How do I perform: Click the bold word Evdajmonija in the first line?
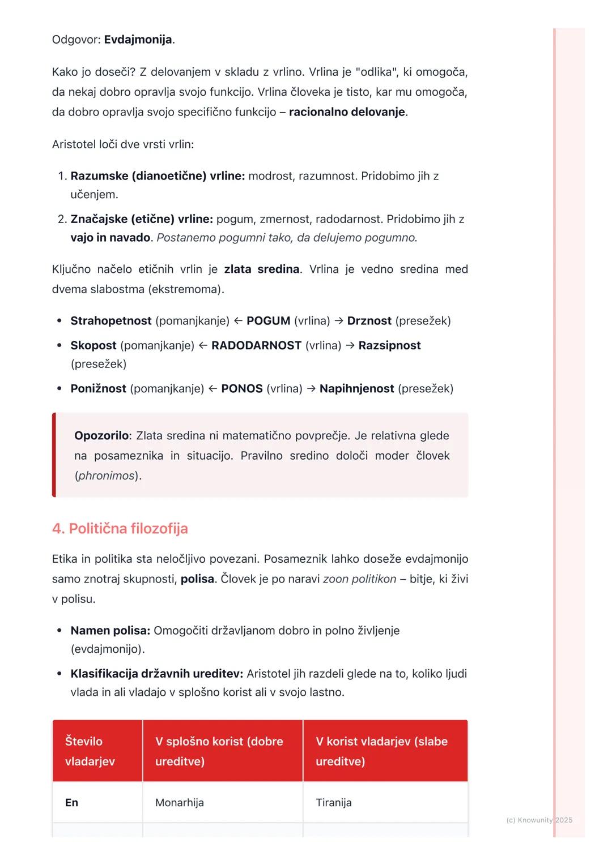pos(138,40)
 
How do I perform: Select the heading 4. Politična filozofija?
pos(120,528)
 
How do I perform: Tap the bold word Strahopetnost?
pos(110,321)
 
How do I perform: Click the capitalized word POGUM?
pos(268,321)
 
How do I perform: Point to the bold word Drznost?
pos(369,321)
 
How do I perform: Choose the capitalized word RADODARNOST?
pos(256,345)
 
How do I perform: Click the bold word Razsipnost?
pos(389,345)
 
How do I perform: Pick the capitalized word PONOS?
pos(242,388)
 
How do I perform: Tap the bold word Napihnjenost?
pos(356,388)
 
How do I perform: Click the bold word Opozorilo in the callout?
pos(101,435)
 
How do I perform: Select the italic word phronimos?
pos(107,476)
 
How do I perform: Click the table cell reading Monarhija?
pos(180,802)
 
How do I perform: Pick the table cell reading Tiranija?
pos(334,802)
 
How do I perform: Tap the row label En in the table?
pos(71,802)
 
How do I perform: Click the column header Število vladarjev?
pos(90,751)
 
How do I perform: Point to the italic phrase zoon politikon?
pos(359,579)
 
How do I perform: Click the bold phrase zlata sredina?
pos(262,269)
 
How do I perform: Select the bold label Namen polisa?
pos(110,630)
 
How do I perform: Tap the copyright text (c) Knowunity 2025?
pos(539,820)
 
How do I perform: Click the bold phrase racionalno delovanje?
pos(347,112)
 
